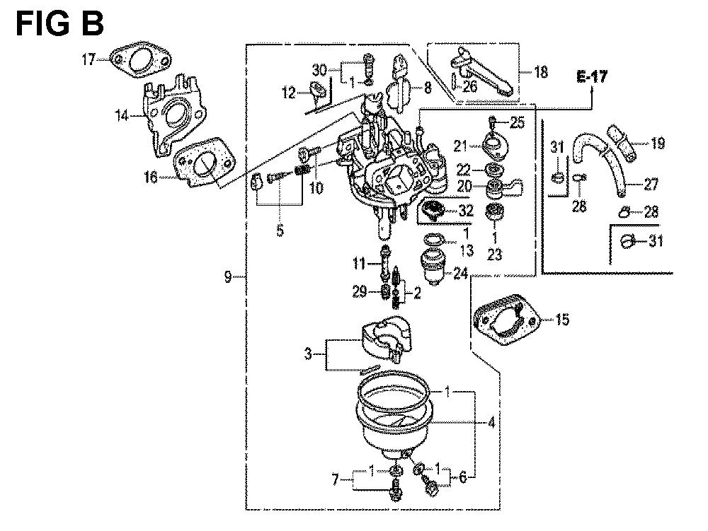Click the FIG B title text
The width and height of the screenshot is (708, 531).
coord(60,24)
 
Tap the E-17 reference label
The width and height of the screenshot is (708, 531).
coord(592,76)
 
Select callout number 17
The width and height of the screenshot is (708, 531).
coord(89,59)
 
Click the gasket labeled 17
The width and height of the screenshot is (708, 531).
coord(141,61)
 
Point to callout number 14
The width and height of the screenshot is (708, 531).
coord(122,116)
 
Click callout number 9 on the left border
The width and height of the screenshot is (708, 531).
coord(228,276)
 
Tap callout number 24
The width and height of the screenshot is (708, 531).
coord(460,273)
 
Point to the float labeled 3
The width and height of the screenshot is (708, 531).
coord(386,337)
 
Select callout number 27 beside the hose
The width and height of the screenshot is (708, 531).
coord(651,184)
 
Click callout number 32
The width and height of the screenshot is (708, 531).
coord(466,211)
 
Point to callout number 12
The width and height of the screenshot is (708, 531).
coord(289,93)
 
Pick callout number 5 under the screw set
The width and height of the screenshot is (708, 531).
coord(280,231)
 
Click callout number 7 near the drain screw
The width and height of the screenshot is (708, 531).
coord(335,479)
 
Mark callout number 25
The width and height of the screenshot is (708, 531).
coord(518,122)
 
